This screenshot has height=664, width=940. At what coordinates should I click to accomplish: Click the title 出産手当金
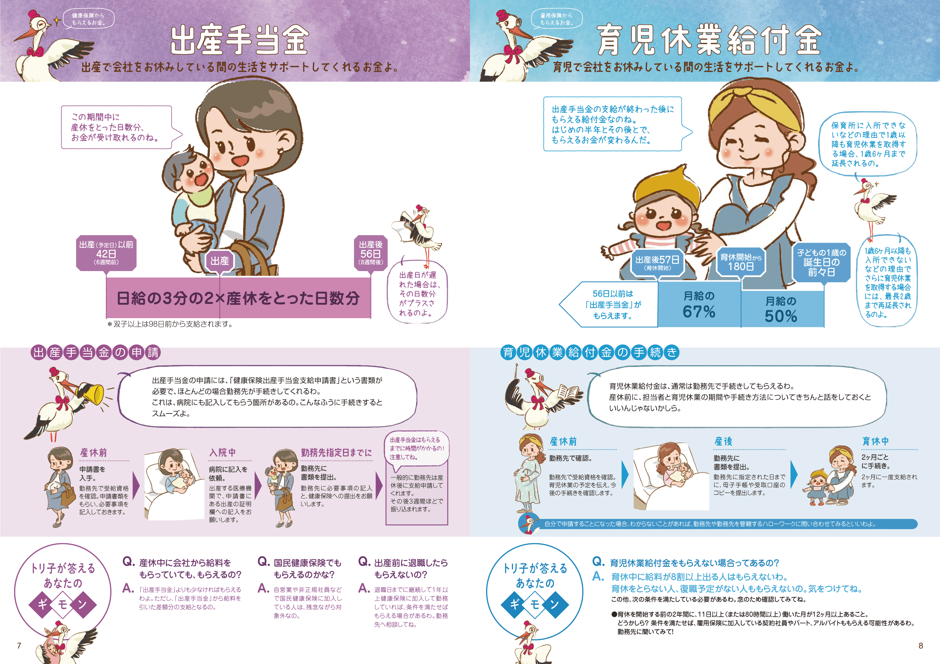pos(240,40)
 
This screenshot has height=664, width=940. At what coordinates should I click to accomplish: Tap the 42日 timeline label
pos(106,253)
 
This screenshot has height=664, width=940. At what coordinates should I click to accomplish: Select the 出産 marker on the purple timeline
pos(220,261)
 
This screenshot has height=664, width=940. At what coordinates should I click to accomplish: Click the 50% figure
pos(781,316)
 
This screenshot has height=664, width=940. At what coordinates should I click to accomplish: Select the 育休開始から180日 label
pos(741,262)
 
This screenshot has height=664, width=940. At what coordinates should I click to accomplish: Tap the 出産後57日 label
pos(657,262)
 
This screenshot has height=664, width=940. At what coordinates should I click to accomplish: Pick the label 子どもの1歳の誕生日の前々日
pos(821,262)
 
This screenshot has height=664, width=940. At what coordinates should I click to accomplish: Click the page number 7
pos(19,646)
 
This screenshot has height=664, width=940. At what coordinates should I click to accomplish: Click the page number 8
pos(921,646)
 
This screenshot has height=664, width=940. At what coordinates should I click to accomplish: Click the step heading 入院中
pos(222,452)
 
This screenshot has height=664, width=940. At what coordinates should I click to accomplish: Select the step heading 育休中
pos(875,441)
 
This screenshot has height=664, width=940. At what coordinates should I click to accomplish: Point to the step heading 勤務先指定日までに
pos(337,452)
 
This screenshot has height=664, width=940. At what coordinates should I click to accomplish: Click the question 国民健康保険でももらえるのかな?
pos(307,569)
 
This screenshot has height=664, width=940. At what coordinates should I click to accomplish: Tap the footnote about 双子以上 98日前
pos(169,324)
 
